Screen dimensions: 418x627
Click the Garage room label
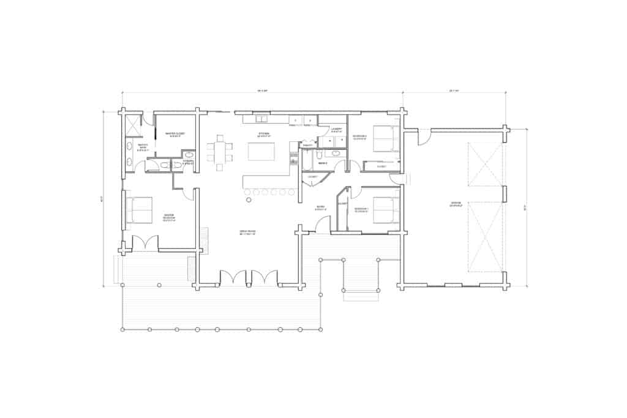pyautogui.click(x=455, y=204)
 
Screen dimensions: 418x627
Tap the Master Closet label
pyautogui.click(x=175, y=134)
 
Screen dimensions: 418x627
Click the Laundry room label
pyautogui.click(x=336, y=129)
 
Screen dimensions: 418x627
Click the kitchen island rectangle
pyautogui.click(x=261, y=151)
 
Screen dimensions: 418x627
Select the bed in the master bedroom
pyautogui.click(x=140, y=210)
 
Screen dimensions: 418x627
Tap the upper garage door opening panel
pyautogui.click(x=486, y=164)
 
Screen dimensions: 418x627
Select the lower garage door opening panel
pyautogui.click(x=486, y=236)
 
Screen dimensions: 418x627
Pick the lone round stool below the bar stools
pyautogui.click(x=249, y=200)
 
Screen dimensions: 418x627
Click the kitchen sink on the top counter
pyautogui.click(x=261, y=119)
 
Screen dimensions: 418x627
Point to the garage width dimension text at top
pyautogui.click(x=454, y=91)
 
